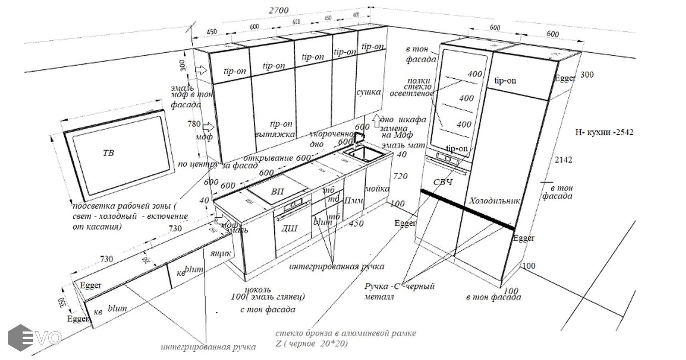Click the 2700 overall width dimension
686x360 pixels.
click(278, 10)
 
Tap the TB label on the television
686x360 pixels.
click(108, 153)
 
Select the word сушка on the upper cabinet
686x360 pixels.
click(368, 92)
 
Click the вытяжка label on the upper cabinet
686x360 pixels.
click(275, 135)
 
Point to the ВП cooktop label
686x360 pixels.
click(277, 192)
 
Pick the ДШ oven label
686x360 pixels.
click(289, 228)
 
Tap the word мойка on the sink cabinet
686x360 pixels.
click(377, 188)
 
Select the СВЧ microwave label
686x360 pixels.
click(443, 182)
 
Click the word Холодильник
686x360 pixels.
click(495, 201)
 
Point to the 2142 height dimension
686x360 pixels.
click(563, 160)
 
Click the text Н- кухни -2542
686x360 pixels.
click(604, 132)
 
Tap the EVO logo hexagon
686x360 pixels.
click(20, 338)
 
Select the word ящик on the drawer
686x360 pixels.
click(220, 253)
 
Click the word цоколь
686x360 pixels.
click(257, 289)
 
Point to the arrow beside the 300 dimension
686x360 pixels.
click(201, 70)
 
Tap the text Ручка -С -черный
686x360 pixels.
click(399, 286)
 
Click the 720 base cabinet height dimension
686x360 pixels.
click(400, 176)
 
